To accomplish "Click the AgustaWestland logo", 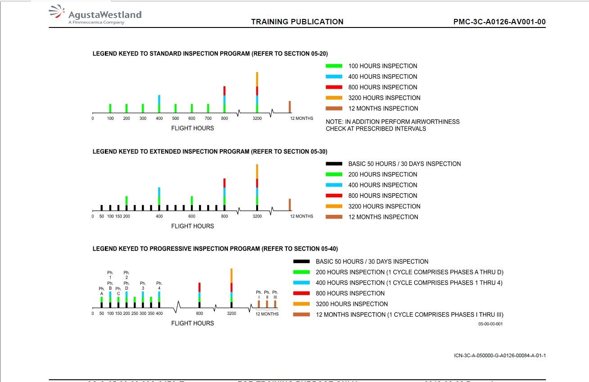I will [95, 15].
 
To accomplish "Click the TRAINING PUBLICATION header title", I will [297, 22].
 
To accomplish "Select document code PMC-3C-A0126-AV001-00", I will [500, 22].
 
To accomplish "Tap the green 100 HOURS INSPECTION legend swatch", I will [334, 66].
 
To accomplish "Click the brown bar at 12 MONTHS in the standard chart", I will [290, 107].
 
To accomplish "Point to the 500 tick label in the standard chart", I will [175, 118].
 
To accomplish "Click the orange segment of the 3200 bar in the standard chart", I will [257, 79].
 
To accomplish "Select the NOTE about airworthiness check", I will [393, 125].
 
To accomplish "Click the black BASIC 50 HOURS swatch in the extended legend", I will [334, 164].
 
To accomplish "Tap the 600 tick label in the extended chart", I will [192, 216].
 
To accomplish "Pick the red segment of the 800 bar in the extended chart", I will [224, 183].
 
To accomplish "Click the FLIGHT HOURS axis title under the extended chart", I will [192, 226].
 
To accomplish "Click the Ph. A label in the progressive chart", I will [102, 291].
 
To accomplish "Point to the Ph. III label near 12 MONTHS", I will [275, 295].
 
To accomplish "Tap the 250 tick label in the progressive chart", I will [135, 314].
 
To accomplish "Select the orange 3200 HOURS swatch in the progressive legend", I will [301, 304].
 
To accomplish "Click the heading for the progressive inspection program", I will [215, 249].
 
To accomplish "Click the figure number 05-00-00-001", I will [490, 324].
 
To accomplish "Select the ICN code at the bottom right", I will [500, 356].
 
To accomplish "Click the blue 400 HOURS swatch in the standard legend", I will [334, 77].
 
